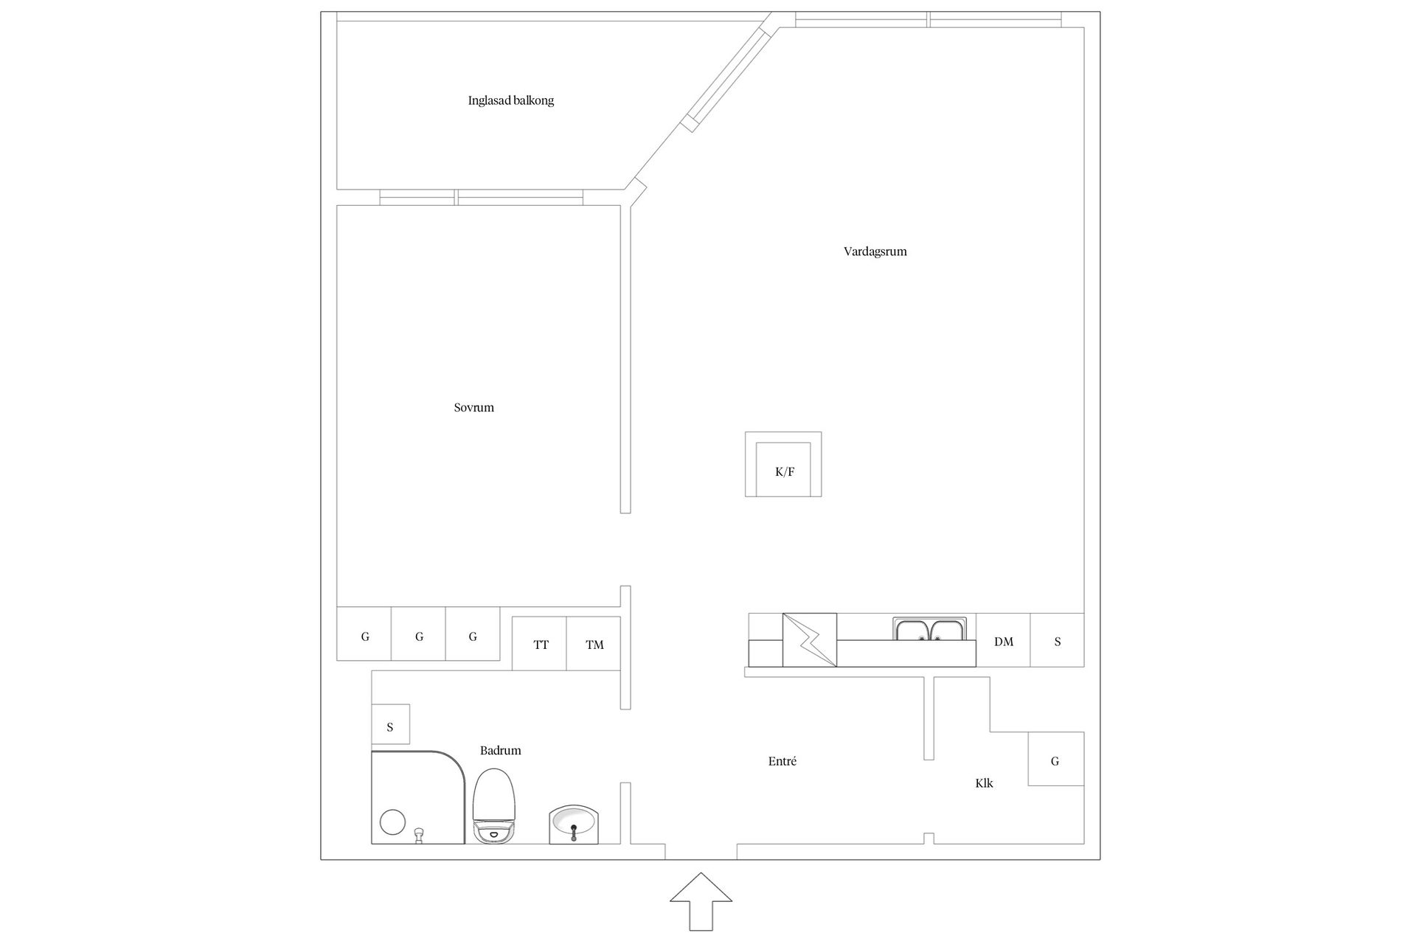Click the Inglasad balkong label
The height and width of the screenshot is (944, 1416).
(510, 100)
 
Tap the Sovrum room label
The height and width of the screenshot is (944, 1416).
(473, 407)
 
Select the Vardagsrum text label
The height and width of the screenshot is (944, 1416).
(875, 251)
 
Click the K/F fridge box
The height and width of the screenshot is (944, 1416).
(783, 465)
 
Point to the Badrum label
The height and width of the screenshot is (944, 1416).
(500, 751)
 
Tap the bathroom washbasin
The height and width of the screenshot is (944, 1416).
(575, 825)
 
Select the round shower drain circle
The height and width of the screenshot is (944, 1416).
(392, 822)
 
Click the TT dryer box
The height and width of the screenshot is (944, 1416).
(539, 644)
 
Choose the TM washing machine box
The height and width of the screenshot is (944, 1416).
(594, 644)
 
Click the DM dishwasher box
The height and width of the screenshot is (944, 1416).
(1003, 640)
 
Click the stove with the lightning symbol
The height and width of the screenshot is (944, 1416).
(810, 639)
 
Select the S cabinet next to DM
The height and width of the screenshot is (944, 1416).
(1057, 640)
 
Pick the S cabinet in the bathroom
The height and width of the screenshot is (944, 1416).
(390, 725)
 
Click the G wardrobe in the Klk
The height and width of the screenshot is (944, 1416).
(1056, 759)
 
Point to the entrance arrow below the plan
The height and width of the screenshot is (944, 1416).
(701, 901)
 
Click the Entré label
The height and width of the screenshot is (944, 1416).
(782, 761)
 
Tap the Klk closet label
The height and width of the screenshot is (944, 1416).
(984, 783)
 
